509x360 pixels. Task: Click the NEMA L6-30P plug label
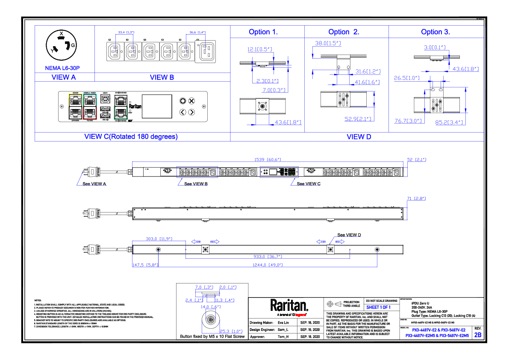pos(62,68)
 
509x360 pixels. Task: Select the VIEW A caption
pos(64,77)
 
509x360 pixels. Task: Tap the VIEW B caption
pos(162,77)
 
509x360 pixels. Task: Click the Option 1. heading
pos(263,32)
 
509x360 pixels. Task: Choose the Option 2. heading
pos(344,32)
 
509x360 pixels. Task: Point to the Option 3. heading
pos(435,32)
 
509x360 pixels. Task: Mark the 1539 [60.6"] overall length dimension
pos(268,159)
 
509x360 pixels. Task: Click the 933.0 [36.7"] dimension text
pos(268,257)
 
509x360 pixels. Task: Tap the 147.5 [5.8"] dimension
pos(145,265)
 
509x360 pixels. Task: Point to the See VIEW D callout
pos(349,235)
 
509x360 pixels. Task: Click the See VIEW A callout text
pos(94,184)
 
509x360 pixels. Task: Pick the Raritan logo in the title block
pos(289,305)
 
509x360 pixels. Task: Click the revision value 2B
pos(477,336)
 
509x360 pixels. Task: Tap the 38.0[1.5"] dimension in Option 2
pos(327,44)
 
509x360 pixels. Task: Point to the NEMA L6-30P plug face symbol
pos(61,46)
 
